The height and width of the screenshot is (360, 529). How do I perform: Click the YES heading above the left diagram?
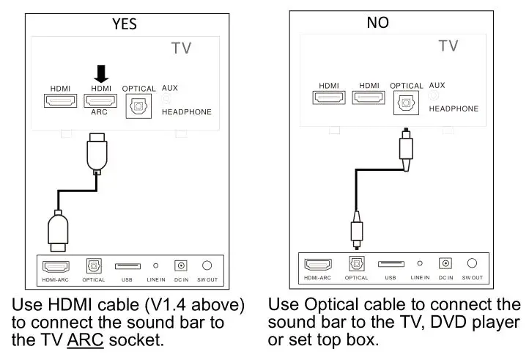click(x=125, y=24)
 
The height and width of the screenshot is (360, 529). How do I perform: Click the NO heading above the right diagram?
click(x=377, y=23)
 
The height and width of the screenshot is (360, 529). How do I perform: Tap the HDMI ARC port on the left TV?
click(x=100, y=101)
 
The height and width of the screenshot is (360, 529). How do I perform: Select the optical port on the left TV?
click(x=138, y=106)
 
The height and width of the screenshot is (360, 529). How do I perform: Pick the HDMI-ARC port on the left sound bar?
click(x=56, y=265)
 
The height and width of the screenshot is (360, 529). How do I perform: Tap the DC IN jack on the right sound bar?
click(x=445, y=263)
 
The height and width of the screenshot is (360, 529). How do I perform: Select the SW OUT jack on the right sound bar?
click(x=472, y=263)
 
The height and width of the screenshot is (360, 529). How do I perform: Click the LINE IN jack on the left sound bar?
click(x=155, y=265)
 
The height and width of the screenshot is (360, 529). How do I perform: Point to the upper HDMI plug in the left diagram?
click(x=97, y=154)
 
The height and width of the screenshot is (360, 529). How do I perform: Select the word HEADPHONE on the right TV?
click(x=454, y=109)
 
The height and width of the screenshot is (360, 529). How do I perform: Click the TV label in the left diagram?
click(x=181, y=48)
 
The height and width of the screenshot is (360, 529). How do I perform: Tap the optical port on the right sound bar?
click(x=357, y=263)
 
